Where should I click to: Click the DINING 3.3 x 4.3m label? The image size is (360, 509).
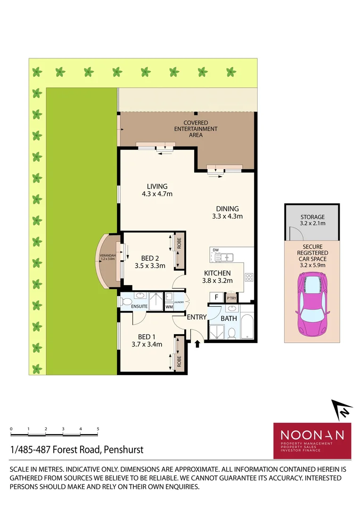[x=227, y=213]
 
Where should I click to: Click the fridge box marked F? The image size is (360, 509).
[x=216, y=297]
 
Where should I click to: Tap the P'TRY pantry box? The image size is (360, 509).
[x=231, y=298]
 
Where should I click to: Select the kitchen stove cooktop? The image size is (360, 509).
[x=249, y=277]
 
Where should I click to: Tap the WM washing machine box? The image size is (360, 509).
[x=169, y=307]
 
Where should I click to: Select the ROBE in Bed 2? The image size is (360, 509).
[x=179, y=251]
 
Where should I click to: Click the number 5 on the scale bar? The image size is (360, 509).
[x=98, y=429]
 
